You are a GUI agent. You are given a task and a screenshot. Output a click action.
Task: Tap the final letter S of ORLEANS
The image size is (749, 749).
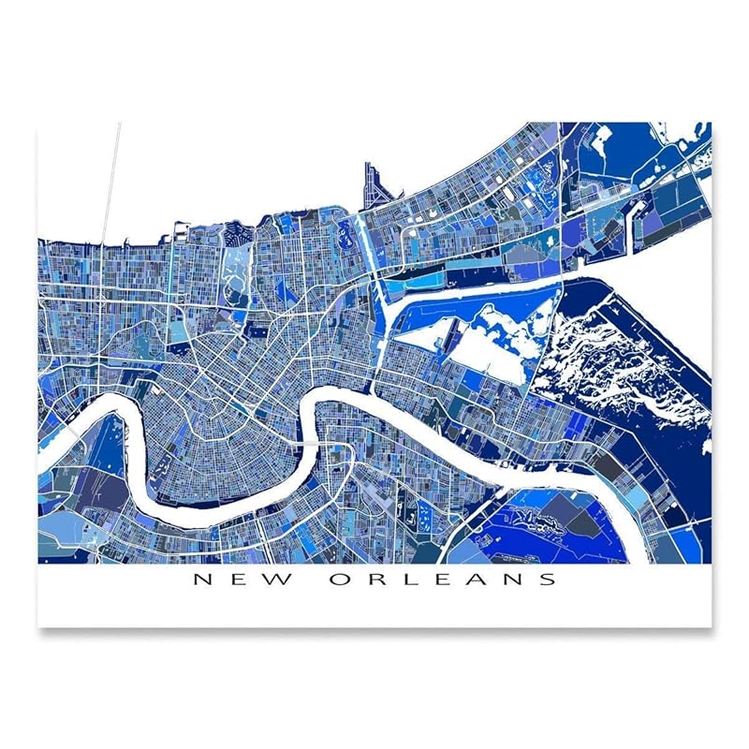click(547, 579)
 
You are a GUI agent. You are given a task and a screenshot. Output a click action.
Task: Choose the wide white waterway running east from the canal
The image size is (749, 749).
click(468, 286)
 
